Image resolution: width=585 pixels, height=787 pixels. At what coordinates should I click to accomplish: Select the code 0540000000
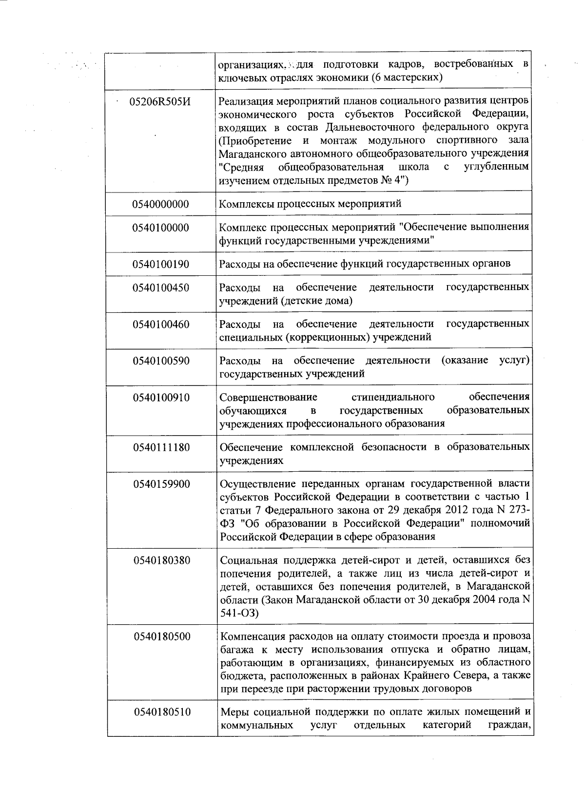[160, 204]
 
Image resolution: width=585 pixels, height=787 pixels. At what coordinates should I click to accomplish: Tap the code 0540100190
[160, 265]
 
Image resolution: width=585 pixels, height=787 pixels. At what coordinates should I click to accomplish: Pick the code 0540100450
[160, 288]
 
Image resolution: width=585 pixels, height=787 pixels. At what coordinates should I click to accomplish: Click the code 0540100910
[160, 398]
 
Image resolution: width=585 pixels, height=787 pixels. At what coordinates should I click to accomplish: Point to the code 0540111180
[160, 447]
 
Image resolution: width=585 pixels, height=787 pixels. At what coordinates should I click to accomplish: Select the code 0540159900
[160, 484]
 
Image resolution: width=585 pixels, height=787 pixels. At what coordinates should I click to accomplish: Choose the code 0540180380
[160, 560]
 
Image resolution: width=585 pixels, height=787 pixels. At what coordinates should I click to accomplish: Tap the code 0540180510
[160, 712]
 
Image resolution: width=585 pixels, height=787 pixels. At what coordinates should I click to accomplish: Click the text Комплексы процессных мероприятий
[311, 204]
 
